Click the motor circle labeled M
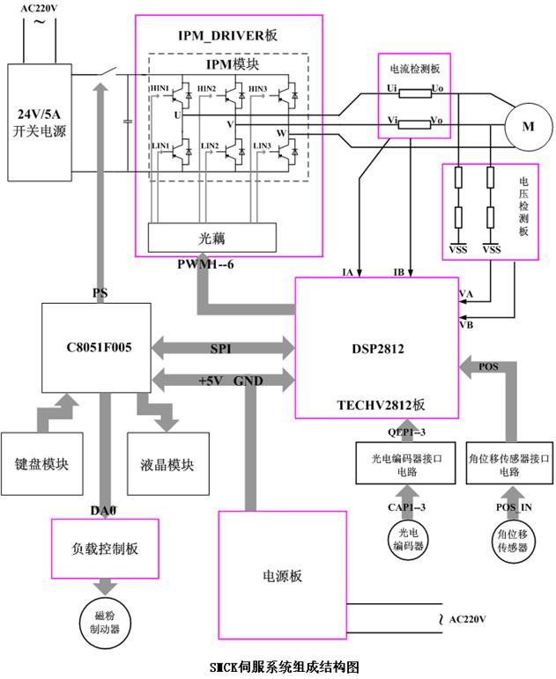click(x=528, y=127)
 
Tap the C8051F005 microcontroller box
click(x=98, y=347)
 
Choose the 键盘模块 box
click(x=42, y=464)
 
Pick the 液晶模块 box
click(x=167, y=464)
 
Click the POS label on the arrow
click(x=488, y=365)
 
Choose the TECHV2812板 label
click(x=382, y=404)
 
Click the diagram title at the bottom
click(x=278, y=667)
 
